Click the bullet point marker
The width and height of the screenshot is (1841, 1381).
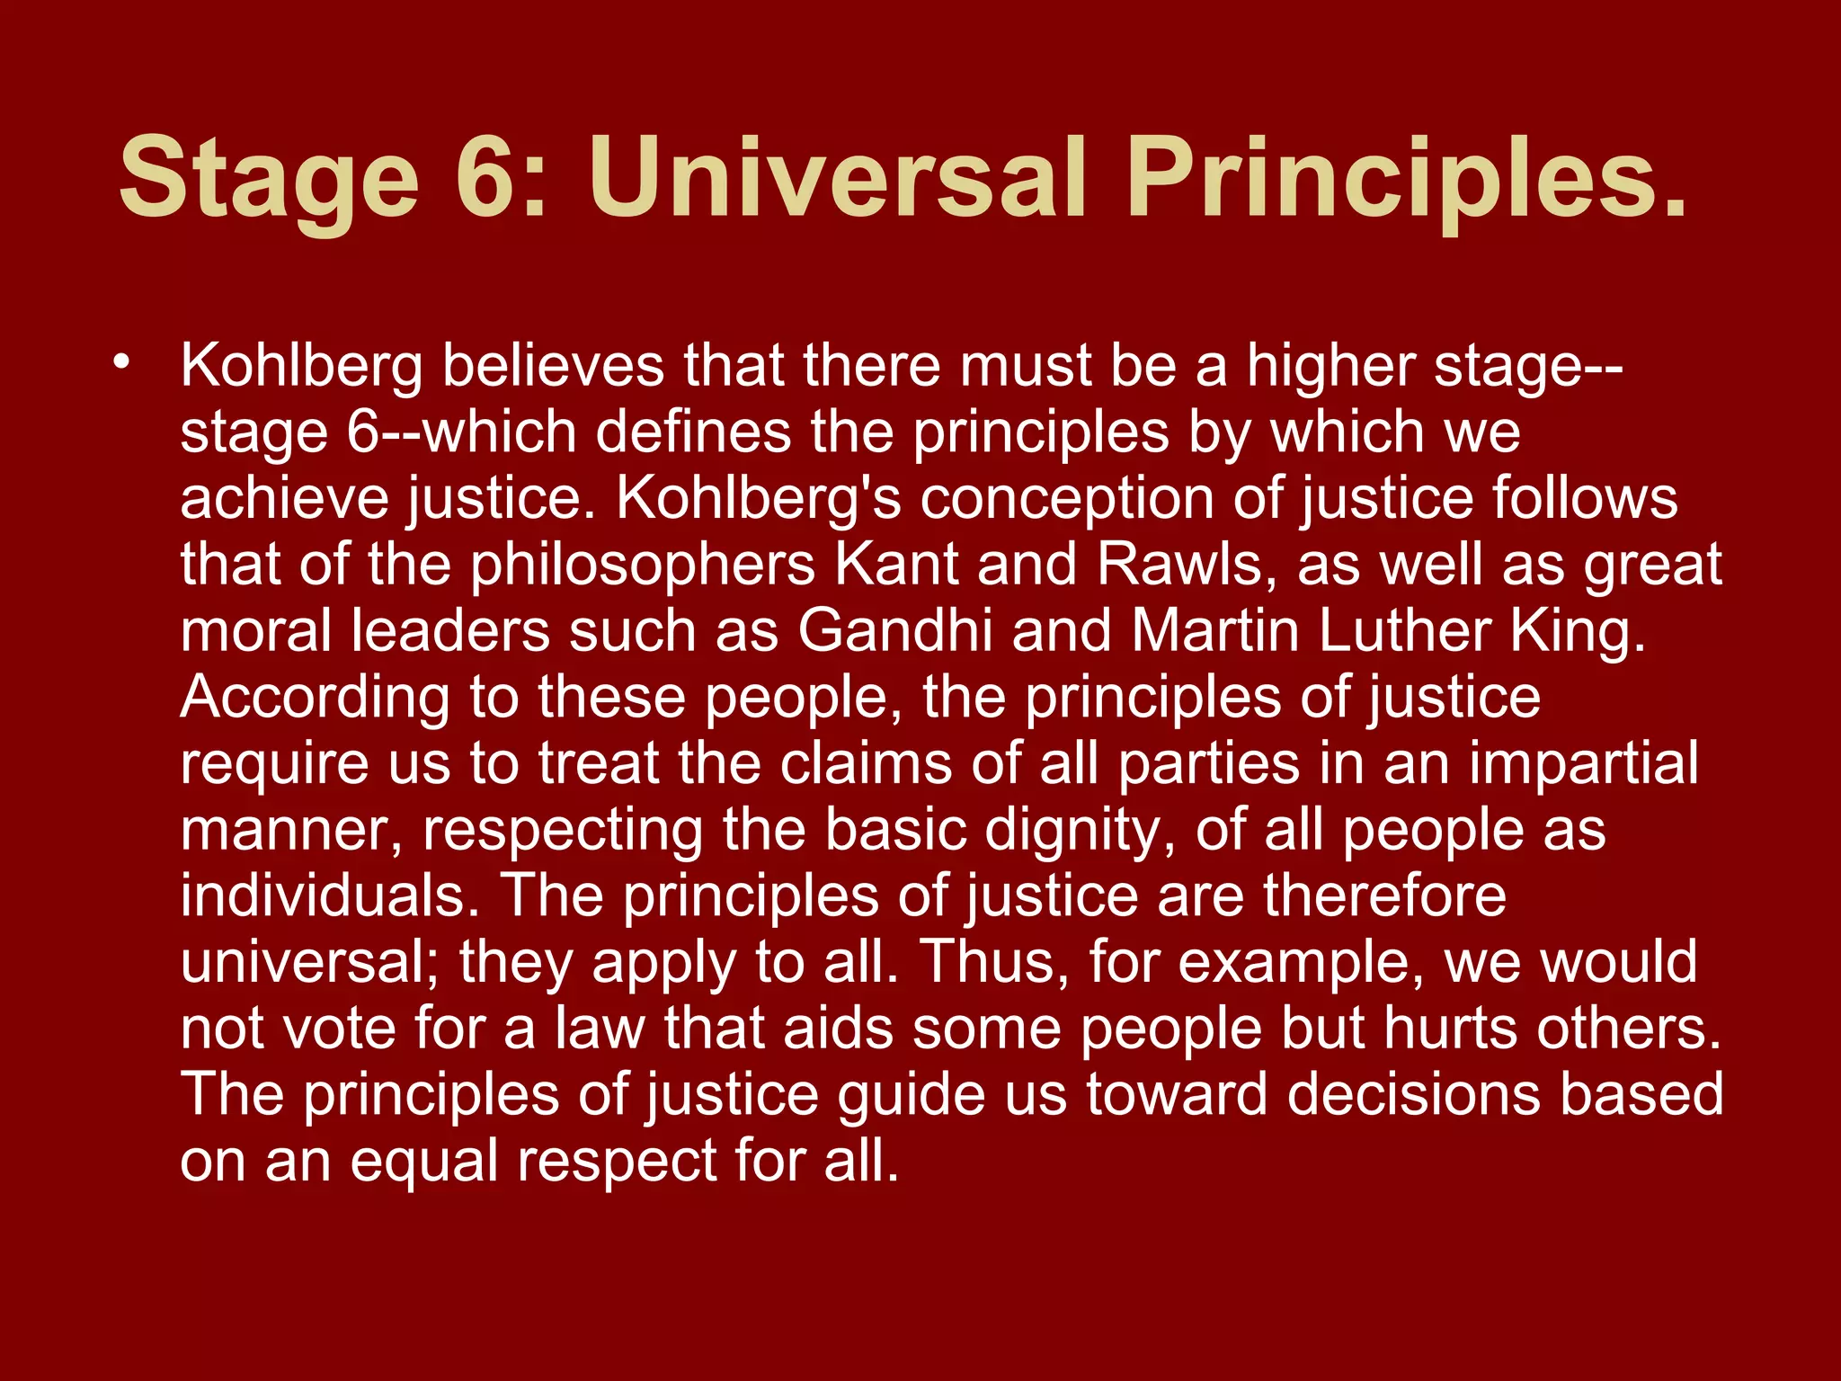[x=122, y=364]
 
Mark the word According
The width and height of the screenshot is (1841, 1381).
[x=315, y=698]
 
